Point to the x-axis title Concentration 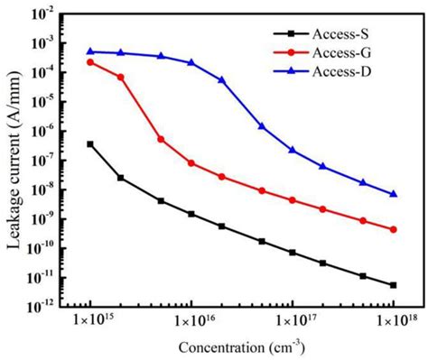coord(240,347)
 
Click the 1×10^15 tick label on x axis coord(89,321)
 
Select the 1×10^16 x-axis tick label coord(191,321)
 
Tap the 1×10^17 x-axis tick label coord(292,321)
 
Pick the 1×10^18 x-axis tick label coord(393,321)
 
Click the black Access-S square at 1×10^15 coord(90,143)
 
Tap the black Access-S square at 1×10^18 coord(393,285)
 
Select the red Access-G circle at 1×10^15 coord(90,61)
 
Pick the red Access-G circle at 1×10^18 coord(393,229)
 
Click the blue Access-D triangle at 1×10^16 coord(191,62)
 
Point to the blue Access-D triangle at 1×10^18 coord(393,193)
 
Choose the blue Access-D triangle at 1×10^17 coord(292,149)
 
